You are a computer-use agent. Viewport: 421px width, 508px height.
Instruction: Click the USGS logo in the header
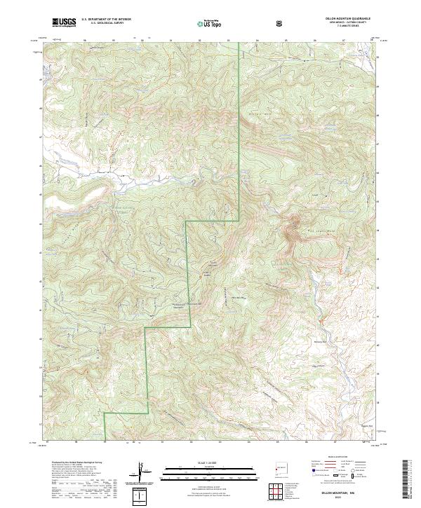pyautogui.click(x=64, y=22)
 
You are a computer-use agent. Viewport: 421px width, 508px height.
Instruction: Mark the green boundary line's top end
pyautogui.click(x=238, y=43)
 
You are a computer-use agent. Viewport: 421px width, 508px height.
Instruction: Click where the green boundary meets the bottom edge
pyautogui.click(x=105, y=440)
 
